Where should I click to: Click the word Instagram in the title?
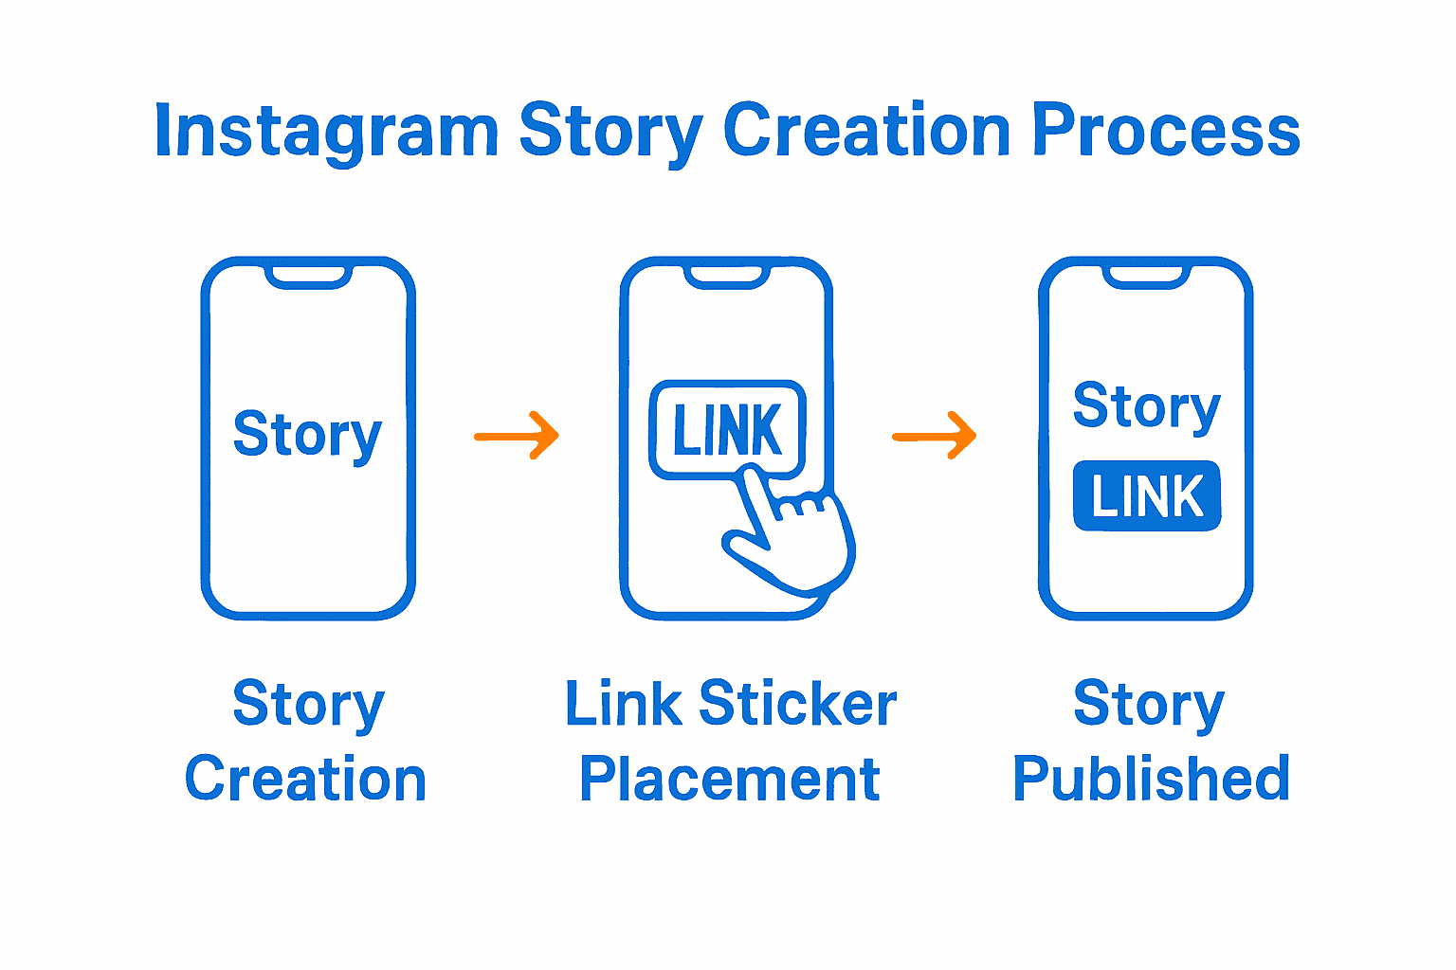326,132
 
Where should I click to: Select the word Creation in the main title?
866,130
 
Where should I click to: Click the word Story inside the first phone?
307,435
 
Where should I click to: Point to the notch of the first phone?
308,276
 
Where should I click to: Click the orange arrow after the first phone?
517,436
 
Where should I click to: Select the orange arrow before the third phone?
935,436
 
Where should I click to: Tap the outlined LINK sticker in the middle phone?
727,430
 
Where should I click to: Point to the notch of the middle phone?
727,276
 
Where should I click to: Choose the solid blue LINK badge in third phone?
1147,496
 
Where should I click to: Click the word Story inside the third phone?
1147,406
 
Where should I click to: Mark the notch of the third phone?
1146,276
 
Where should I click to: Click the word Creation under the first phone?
305,779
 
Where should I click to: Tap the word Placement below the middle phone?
729,780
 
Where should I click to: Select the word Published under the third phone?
1151,779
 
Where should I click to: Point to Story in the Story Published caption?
1149,706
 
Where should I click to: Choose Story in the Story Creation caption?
308,706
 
